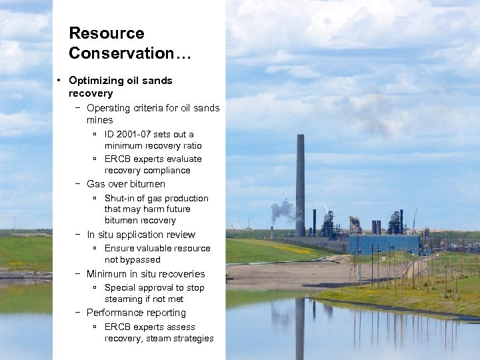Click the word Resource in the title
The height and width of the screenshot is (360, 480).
106,33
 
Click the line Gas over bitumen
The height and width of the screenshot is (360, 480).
126,184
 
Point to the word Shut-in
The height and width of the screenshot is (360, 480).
119,198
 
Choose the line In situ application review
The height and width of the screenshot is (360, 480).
141,235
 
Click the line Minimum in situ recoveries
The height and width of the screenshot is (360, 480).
145,274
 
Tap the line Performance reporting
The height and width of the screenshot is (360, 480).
136,313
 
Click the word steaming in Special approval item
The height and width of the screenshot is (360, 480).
124,299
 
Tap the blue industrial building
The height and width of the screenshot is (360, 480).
384,243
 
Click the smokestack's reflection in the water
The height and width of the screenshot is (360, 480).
300,327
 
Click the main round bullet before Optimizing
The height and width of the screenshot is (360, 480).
60,81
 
